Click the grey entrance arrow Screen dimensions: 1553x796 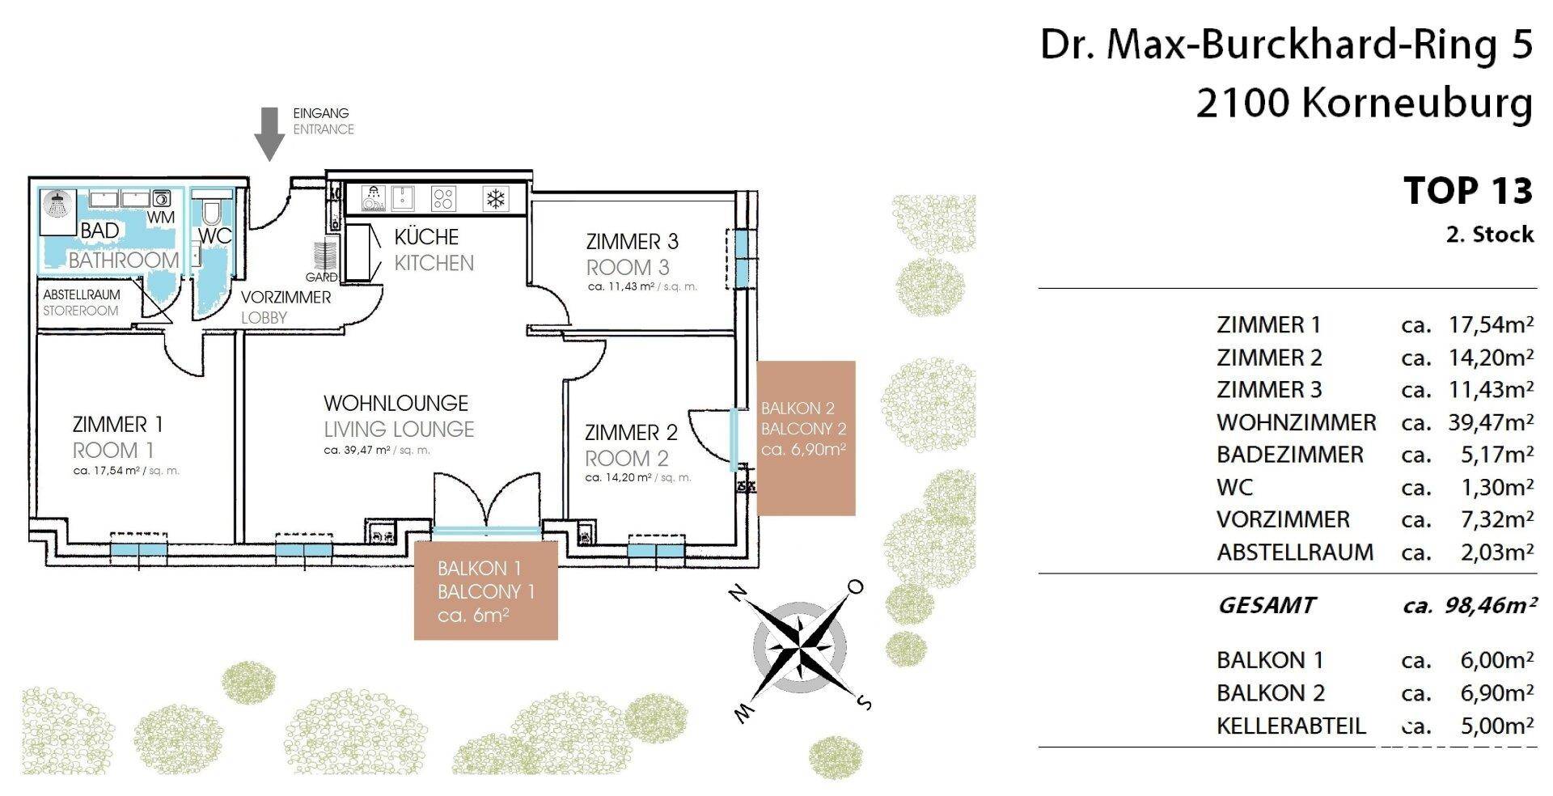[x=269, y=133]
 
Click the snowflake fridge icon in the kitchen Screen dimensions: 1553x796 [x=494, y=198]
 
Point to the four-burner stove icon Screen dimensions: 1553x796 [x=443, y=198]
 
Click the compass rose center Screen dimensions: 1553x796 [x=800, y=646]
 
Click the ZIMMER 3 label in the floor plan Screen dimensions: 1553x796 [x=632, y=241]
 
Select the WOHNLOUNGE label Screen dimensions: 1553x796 [x=396, y=403]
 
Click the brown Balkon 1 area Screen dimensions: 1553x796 [x=485, y=590]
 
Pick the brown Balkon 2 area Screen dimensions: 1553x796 [x=806, y=438]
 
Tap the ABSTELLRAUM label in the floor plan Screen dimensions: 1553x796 [x=82, y=294]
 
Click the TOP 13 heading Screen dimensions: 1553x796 [x=1468, y=191]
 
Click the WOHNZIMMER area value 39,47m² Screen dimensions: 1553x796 [x=1491, y=422]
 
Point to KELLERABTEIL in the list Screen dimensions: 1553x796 [x=1291, y=726]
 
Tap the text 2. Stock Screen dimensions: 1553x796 [x=1490, y=235]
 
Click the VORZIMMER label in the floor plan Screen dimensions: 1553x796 [x=286, y=297]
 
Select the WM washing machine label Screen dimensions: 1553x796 [x=161, y=218]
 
